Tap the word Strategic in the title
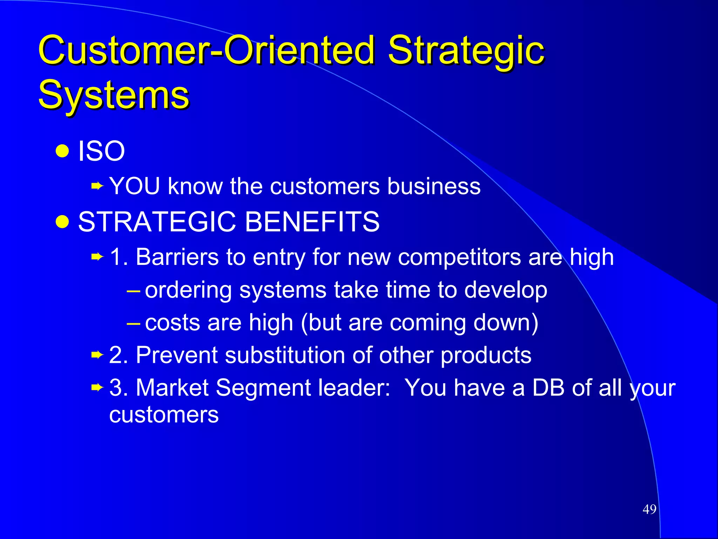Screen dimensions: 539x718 [466, 51]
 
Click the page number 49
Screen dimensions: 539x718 [649, 509]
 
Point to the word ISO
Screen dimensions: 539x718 [101, 151]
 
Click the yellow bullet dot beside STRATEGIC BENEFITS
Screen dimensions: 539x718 [62, 222]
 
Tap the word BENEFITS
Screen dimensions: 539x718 [312, 222]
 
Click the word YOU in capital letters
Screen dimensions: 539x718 [135, 186]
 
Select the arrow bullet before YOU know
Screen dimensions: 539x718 [97, 186]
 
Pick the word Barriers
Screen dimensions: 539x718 [177, 257]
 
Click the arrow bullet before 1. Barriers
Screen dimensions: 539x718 [97, 257]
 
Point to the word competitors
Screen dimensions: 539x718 [459, 258]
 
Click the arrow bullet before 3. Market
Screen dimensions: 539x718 [97, 388]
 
